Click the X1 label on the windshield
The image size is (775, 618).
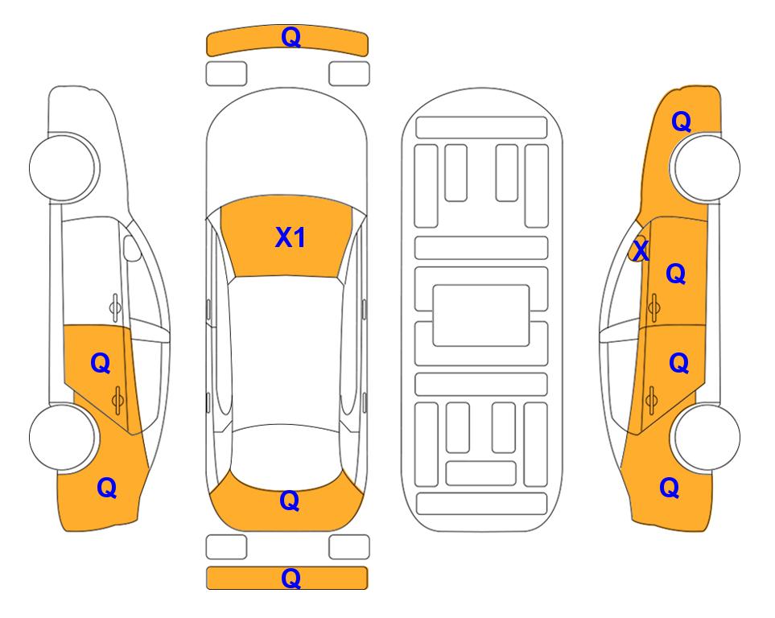pos(291,237)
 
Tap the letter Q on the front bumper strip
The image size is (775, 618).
pos(291,37)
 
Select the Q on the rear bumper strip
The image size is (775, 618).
pos(291,578)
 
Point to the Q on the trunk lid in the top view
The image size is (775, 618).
pos(290,501)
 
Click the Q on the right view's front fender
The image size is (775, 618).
pos(681,122)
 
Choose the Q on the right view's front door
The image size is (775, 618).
pos(676,274)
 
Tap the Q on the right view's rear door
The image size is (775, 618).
pos(678,363)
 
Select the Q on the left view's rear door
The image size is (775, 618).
pos(101,364)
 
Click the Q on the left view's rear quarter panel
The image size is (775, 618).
pos(107,488)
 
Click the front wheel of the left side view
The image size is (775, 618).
pos(63,167)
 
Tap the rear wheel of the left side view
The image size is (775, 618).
pos(63,437)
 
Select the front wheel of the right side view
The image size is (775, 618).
pos(707,167)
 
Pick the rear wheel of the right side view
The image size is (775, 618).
pos(707,437)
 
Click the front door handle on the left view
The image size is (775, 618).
pos(115,307)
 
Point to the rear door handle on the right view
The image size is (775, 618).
pos(651,400)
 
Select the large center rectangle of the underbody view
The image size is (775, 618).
pos(481,315)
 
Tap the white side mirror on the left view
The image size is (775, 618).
pos(131,248)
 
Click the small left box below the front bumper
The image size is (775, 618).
pos(226,74)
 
